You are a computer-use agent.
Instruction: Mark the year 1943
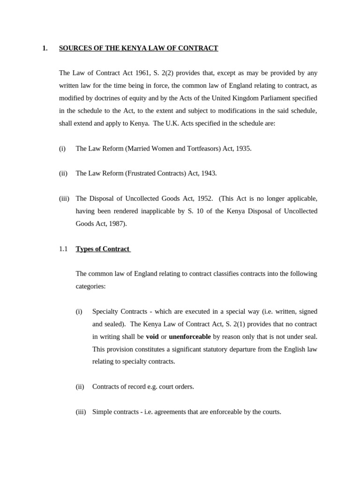208,173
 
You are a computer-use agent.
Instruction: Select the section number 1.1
63,249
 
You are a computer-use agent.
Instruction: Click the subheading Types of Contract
103,249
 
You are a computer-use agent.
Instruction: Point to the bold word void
152,337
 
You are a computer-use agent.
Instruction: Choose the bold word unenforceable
190,337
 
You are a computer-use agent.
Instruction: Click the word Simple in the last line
102,412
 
